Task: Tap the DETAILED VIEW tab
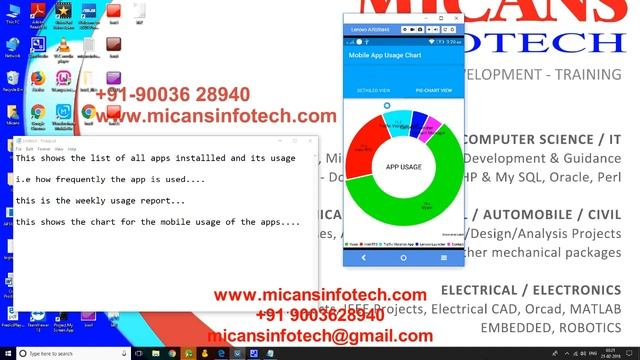373,90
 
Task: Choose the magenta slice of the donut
435,127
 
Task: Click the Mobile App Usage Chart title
382,56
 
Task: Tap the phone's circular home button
404,257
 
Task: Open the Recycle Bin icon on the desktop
12,79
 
